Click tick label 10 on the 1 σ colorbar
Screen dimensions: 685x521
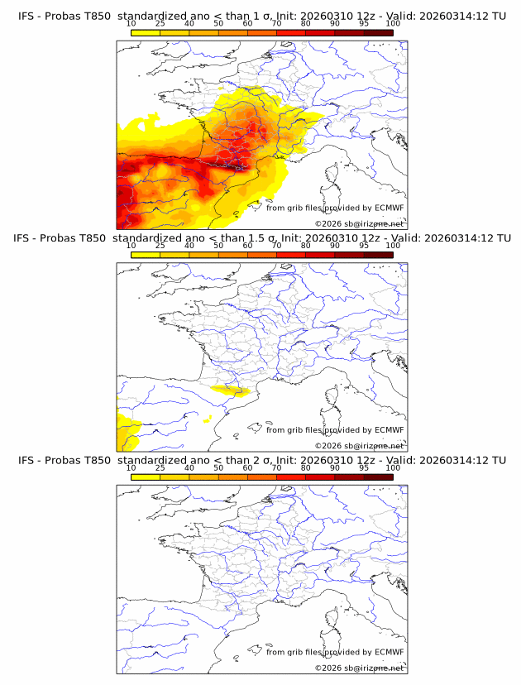[x=131, y=24]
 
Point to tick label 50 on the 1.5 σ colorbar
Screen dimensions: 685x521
[x=218, y=246]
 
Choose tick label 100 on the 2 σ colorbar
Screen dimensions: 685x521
[x=393, y=467]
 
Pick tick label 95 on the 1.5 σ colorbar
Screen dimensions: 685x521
[x=364, y=246]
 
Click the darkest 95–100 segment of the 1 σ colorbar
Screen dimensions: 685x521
[x=378, y=33]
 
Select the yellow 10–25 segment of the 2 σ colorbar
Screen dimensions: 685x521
[x=146, y=477]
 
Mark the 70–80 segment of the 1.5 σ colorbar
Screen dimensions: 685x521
[x=291, y=255]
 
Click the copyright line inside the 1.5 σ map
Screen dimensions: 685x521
[x=359, y=445]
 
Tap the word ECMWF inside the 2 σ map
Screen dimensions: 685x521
[x=389, y=652]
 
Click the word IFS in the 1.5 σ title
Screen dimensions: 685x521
[x=26, y=237]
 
